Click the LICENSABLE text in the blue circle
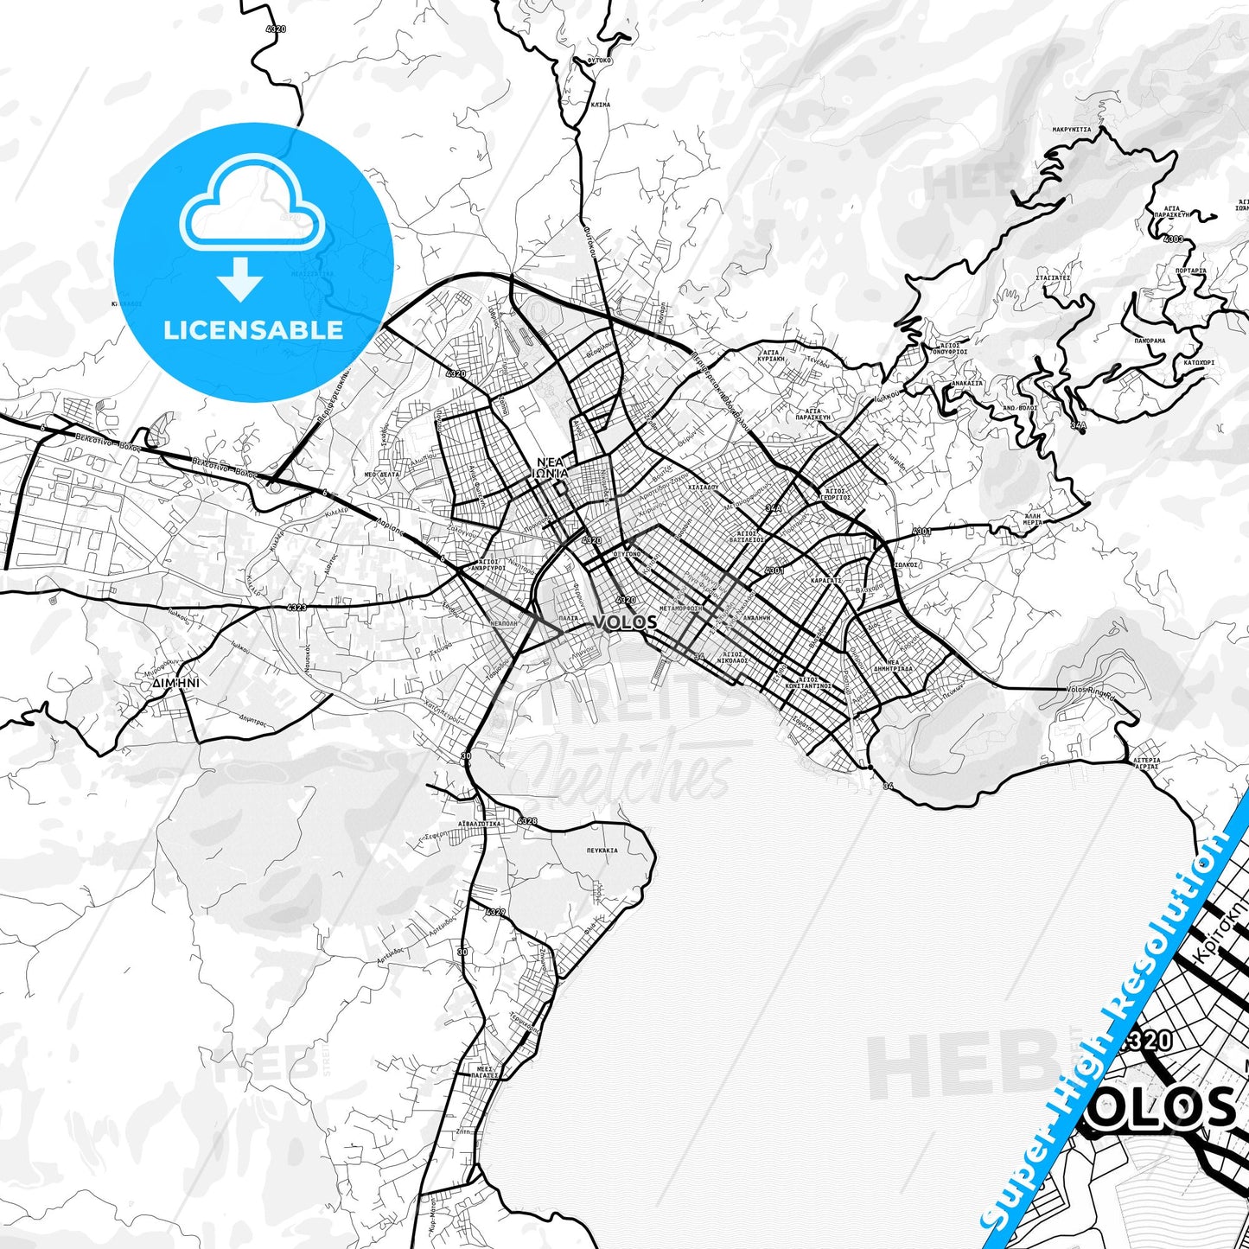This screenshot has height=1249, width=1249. [253, 330]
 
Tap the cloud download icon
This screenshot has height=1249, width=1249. [252, 226]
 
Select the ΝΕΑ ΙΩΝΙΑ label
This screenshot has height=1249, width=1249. [552, 467]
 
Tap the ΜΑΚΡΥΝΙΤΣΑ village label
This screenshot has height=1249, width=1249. [1071, 130]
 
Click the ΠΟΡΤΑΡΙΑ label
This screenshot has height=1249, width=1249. [1191, 271]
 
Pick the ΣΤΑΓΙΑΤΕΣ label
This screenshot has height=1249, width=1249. [1053, 277]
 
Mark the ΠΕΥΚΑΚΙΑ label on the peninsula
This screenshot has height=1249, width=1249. [601, 851]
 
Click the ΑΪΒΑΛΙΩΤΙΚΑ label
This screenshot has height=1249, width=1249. [479, 824]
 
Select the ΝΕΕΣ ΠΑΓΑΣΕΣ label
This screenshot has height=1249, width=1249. [484, 1073]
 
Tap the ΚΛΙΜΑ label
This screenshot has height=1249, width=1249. [600, 105]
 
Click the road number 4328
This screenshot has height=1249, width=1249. [526, 820]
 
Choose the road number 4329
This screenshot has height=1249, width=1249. [495, 912]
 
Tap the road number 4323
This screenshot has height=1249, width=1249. [296, 608]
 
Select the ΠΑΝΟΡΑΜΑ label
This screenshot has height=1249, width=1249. [1150, 341]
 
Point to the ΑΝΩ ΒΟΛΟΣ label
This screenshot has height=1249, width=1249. [1019, 408]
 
